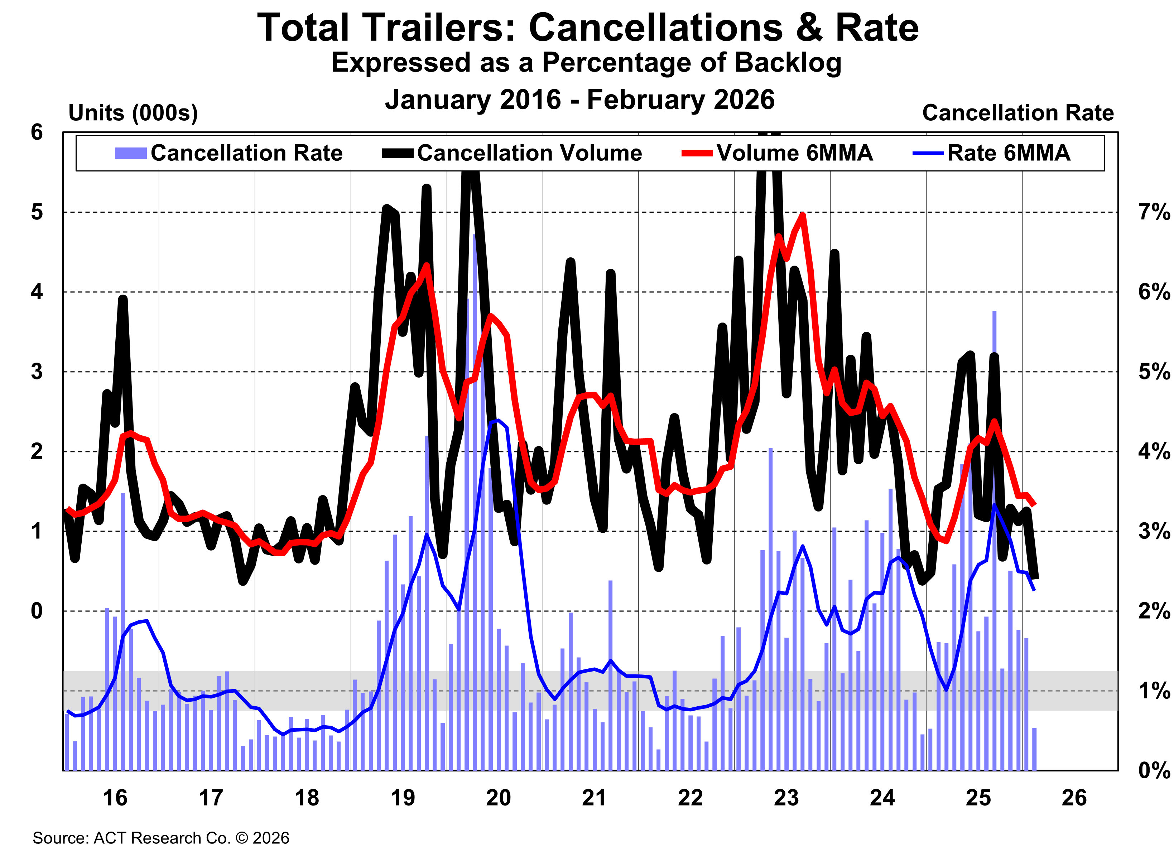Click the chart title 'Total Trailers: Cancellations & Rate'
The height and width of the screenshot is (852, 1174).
click(587, 28)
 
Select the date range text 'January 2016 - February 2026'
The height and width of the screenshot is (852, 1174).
click(580, 99)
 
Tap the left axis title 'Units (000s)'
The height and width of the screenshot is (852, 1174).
click(133, 113)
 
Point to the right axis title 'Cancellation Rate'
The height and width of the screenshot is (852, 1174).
click(1018, 113)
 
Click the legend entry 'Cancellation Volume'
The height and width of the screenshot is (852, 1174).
click(529, 153)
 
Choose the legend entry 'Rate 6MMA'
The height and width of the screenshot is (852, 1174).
click(1008, 153)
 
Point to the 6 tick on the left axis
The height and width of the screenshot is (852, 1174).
click(37, 132)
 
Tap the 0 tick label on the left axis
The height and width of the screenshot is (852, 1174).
click(37, 611)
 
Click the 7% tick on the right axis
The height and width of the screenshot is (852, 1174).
click(1154, 212)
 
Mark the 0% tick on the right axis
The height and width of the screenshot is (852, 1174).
click(1154, 770)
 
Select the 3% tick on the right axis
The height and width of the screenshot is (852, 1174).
click(1154, 531)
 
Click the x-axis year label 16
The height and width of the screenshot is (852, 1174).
click(115, 798)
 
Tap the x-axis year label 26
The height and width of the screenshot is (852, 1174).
click(1074, 798)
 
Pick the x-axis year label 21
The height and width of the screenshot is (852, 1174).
click(594, 798)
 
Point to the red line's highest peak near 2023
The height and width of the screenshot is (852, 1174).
click(802, 215)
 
